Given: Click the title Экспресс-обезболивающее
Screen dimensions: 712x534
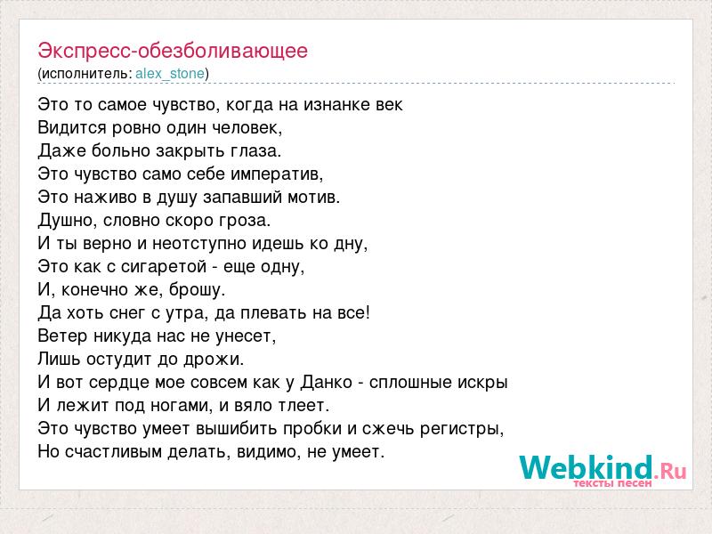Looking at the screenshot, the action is (173, 52).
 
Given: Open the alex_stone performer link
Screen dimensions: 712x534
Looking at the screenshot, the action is (170, 74).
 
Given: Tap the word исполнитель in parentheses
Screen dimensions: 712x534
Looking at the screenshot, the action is (85, 74).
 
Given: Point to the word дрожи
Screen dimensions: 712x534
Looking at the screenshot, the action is (212, 360).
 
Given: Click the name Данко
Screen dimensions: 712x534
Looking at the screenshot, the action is (326, 383).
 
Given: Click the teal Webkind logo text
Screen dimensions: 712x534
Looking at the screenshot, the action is (587, 467).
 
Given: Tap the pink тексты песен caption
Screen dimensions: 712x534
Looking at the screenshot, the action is (612, 483).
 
